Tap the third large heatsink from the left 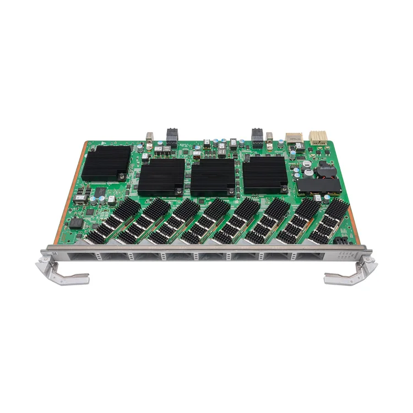pos(213,177)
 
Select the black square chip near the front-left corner pos(76,223)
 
